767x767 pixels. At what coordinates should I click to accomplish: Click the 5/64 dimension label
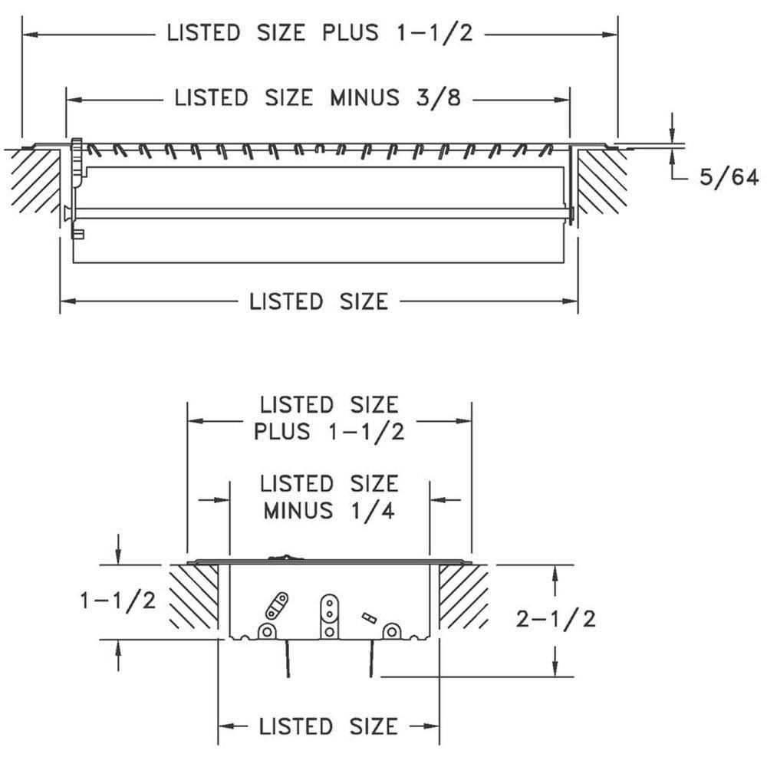[x=728, y=179]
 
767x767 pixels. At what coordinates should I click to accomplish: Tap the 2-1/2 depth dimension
[x=556, y=619]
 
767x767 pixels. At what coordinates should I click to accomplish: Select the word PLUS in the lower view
[x=282, y=431]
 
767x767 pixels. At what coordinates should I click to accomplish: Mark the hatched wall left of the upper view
[x=35, y=180]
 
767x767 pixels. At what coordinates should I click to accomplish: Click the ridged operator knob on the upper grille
[x=77, y=161]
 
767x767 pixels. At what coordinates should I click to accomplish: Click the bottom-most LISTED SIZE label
[x=328, y=726]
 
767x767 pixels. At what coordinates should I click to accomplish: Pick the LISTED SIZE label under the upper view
[x=318, y=301]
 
